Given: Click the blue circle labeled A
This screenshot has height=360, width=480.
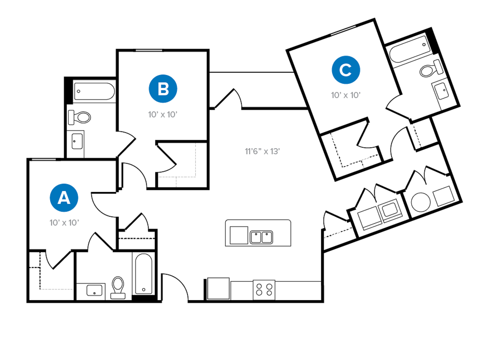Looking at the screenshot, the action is (x=64, y=198).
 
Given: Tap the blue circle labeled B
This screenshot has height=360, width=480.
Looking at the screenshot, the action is (x=163, y=89).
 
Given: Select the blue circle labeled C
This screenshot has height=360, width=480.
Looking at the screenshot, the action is (x=346, y=70).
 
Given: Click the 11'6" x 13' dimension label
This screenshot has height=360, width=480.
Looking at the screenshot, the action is (x=262, y=151).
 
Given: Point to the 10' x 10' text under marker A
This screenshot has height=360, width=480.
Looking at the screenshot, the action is (x=64, y=223).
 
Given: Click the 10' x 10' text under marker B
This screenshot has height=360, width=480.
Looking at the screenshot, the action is (x=163, y=115).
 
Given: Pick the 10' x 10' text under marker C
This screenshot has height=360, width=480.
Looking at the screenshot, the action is (x=346, y=95).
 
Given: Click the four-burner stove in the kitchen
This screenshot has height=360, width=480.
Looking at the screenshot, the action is (x=264, y=290).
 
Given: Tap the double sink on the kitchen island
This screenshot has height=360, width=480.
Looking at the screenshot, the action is (x=261, y=237).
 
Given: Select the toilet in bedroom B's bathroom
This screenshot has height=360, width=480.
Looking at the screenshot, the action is (x=80, y=117).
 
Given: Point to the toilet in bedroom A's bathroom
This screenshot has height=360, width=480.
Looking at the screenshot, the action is (x=118, y=288).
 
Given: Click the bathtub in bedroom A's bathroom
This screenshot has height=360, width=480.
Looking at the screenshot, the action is (x=144, y=274).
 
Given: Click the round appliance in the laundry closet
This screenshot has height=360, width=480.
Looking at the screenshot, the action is (x=421, y=203).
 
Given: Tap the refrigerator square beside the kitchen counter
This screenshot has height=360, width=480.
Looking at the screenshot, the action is (x=218, y=288).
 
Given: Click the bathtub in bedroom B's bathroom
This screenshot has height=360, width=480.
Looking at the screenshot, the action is (x=94, y=91).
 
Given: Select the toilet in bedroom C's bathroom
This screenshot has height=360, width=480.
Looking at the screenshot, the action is (x=431, y=69).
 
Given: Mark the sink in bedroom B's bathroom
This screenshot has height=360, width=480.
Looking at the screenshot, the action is (x=77, y=141).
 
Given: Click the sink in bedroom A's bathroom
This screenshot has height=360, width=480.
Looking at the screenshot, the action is (x=94, y=290).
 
